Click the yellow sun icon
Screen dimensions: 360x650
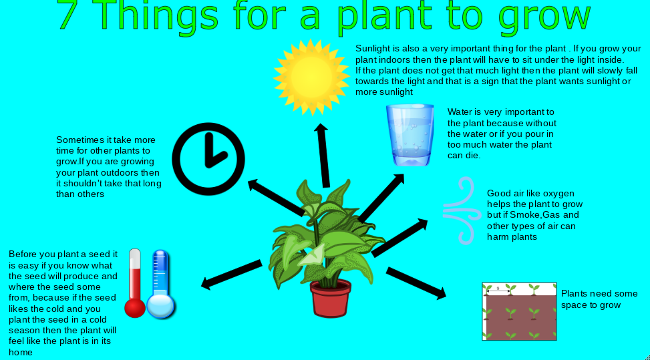[311, 77]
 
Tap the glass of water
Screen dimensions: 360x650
[410, 135]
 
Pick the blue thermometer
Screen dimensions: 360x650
[161, 284]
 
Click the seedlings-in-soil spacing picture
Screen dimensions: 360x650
[519, 311]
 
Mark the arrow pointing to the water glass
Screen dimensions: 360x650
[381, 198]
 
